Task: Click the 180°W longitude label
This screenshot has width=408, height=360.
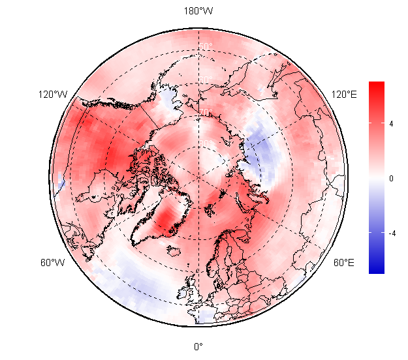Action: pyautogui.click(x=198, y=11)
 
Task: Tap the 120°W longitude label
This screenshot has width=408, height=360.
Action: pyautogui.click(x=53, y=95)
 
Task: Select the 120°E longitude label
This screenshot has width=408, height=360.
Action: pyautogui.click(x=344, y=95)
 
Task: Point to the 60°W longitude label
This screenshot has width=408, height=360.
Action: pyautogui.click(x=53, y=263)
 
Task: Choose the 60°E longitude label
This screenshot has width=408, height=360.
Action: pyautogui.click(x=344, y=263)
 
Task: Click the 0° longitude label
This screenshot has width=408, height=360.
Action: pyautogui.click(x=198, y=346)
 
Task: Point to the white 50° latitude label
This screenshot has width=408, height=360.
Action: pyautogui.click(x=206, y=47)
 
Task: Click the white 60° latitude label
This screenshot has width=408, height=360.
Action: pyautogui.click(x=206, y=80)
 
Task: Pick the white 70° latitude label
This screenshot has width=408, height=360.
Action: pyautogui.click(x=206, y=113)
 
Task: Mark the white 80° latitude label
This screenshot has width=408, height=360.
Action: pyautogui.click(x=206, y=144)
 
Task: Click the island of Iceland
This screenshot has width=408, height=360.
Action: pyautogui.click(x=175, y=249)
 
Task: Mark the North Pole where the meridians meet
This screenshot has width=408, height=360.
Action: pyautogui.click(x=198, y=177)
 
